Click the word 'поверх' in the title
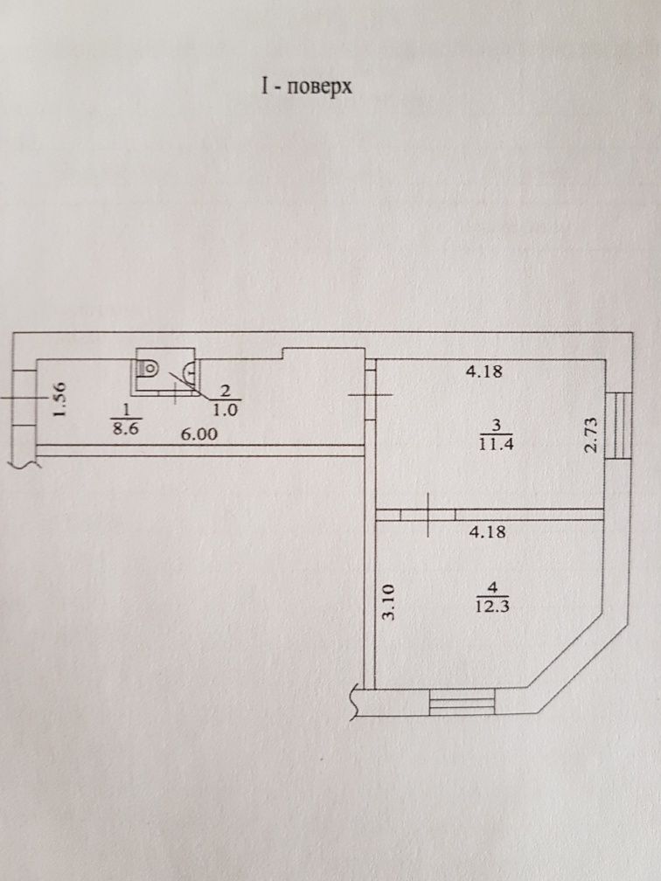319,88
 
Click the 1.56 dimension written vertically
60,399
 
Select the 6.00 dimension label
199,434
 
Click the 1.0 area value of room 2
226,410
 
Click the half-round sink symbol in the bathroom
191,369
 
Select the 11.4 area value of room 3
497,445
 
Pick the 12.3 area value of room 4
492,607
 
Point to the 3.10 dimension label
388,601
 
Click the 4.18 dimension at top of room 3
484,371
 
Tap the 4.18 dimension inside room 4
488,531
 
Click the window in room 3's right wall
618,426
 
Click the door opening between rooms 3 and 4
428,514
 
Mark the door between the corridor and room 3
371,395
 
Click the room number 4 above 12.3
493,588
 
